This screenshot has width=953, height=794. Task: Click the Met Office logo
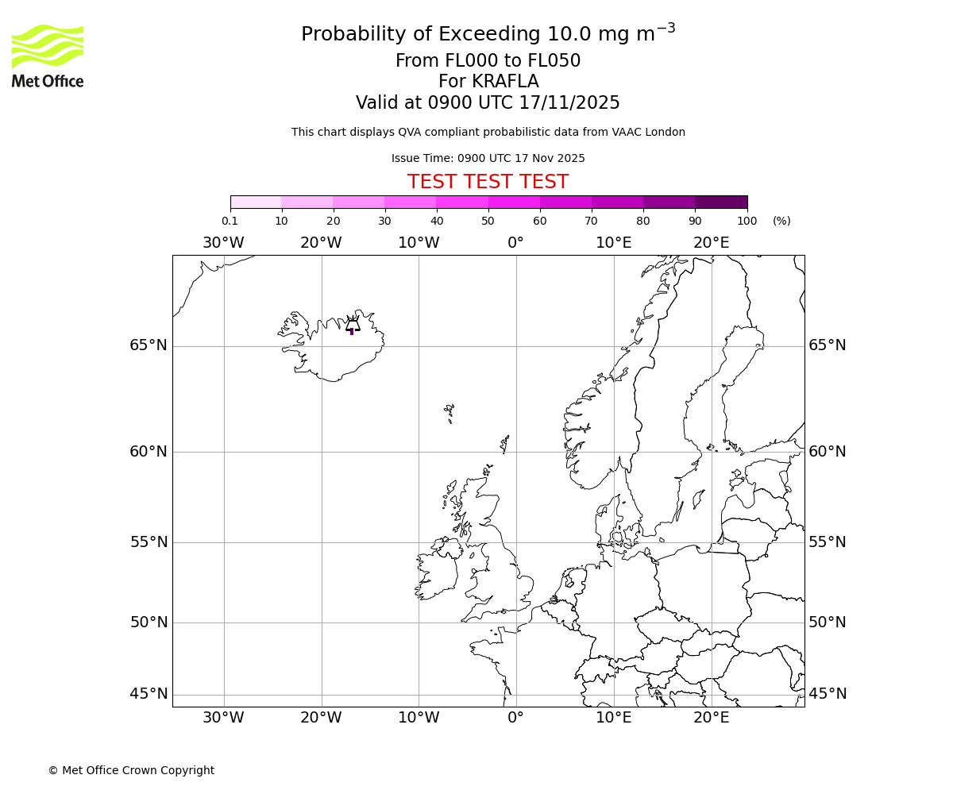point(48,56)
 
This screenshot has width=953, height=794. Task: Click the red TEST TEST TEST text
point(488,182)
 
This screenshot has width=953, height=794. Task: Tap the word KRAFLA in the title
point(504,82)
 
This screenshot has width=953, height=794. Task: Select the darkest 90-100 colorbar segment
point(721,202)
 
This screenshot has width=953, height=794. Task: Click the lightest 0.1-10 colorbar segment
point(256,202)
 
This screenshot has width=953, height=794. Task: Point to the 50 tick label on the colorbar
point(488,221)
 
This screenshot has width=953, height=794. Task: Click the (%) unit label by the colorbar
point(781,221)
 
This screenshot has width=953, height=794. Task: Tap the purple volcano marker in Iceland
point(352,331)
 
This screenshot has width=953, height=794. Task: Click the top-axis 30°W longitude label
point(223,243)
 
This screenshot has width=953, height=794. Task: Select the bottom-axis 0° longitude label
point(515,718)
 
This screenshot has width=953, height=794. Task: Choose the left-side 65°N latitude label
point(149,345)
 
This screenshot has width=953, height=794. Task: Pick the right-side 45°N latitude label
point(827,694)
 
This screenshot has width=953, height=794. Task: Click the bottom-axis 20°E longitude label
point(711,718)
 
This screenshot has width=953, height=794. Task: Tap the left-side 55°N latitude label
point(149,542)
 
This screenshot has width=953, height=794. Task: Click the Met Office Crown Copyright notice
point(131,770)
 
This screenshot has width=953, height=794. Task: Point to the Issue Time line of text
point(488,158)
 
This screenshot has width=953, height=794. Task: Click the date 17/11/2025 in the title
point(569,103)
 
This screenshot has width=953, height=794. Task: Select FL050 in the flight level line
point(553,61)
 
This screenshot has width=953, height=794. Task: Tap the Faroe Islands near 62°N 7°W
point(449,413)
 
